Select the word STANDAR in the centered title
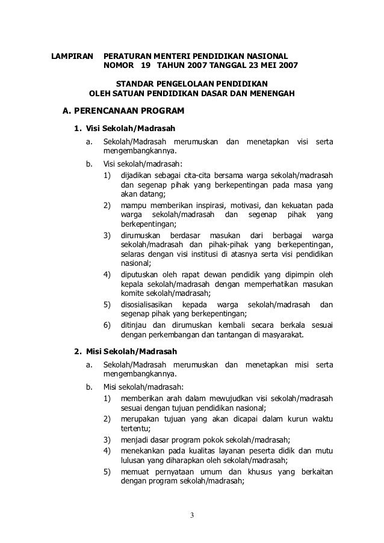click(135, 83)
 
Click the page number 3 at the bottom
click(191, 515)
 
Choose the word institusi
click(207, 254)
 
